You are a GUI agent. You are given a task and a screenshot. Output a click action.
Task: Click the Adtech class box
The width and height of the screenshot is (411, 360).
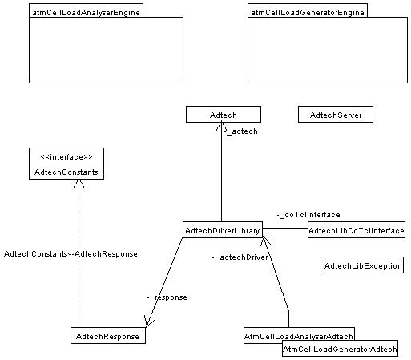(224, 115)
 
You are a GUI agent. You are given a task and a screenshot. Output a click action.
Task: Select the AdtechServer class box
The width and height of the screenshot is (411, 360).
(336, 115)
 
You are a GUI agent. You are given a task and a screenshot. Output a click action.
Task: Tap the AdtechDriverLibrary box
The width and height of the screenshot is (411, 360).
(223, 229)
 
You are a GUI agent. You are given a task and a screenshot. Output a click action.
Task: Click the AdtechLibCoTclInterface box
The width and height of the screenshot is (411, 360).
(357, 229)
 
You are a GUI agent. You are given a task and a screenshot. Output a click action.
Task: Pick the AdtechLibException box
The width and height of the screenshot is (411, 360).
(364, 265)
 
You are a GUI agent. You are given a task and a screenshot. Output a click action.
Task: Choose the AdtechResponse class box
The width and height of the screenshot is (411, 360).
(108, 335)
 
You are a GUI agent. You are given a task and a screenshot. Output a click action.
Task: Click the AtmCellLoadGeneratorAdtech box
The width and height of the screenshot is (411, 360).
(340, 349)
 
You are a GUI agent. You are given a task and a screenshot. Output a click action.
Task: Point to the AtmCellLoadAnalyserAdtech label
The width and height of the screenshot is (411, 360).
(299, 336)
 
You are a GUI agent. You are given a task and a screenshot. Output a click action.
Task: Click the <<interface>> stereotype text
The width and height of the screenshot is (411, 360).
(66, 156)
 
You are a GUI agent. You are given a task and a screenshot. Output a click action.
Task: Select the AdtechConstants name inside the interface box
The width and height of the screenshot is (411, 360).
(66, 172)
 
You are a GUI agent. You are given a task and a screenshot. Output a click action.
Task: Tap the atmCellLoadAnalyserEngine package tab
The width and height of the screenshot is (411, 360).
(86, 10)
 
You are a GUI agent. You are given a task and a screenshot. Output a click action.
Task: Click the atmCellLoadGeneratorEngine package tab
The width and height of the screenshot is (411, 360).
(308, 10)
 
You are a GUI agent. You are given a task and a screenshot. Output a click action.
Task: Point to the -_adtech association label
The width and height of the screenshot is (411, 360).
(240, 131)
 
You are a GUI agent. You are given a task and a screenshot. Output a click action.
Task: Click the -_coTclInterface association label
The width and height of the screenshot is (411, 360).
(308, 215)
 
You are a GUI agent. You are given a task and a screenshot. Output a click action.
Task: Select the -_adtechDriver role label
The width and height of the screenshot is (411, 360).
(240, 257)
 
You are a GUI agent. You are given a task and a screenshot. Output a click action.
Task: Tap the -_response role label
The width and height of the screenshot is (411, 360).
(167, 297)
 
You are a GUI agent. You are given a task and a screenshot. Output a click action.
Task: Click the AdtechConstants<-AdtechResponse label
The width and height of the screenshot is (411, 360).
(71, 253)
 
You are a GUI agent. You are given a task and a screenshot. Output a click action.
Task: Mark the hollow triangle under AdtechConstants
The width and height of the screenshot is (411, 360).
(79, 184)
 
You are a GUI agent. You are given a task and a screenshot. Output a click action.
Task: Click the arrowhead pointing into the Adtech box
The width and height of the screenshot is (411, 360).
(221, 127)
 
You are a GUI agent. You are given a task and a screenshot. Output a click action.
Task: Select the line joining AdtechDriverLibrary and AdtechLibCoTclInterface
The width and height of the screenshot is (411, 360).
(285, 229)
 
